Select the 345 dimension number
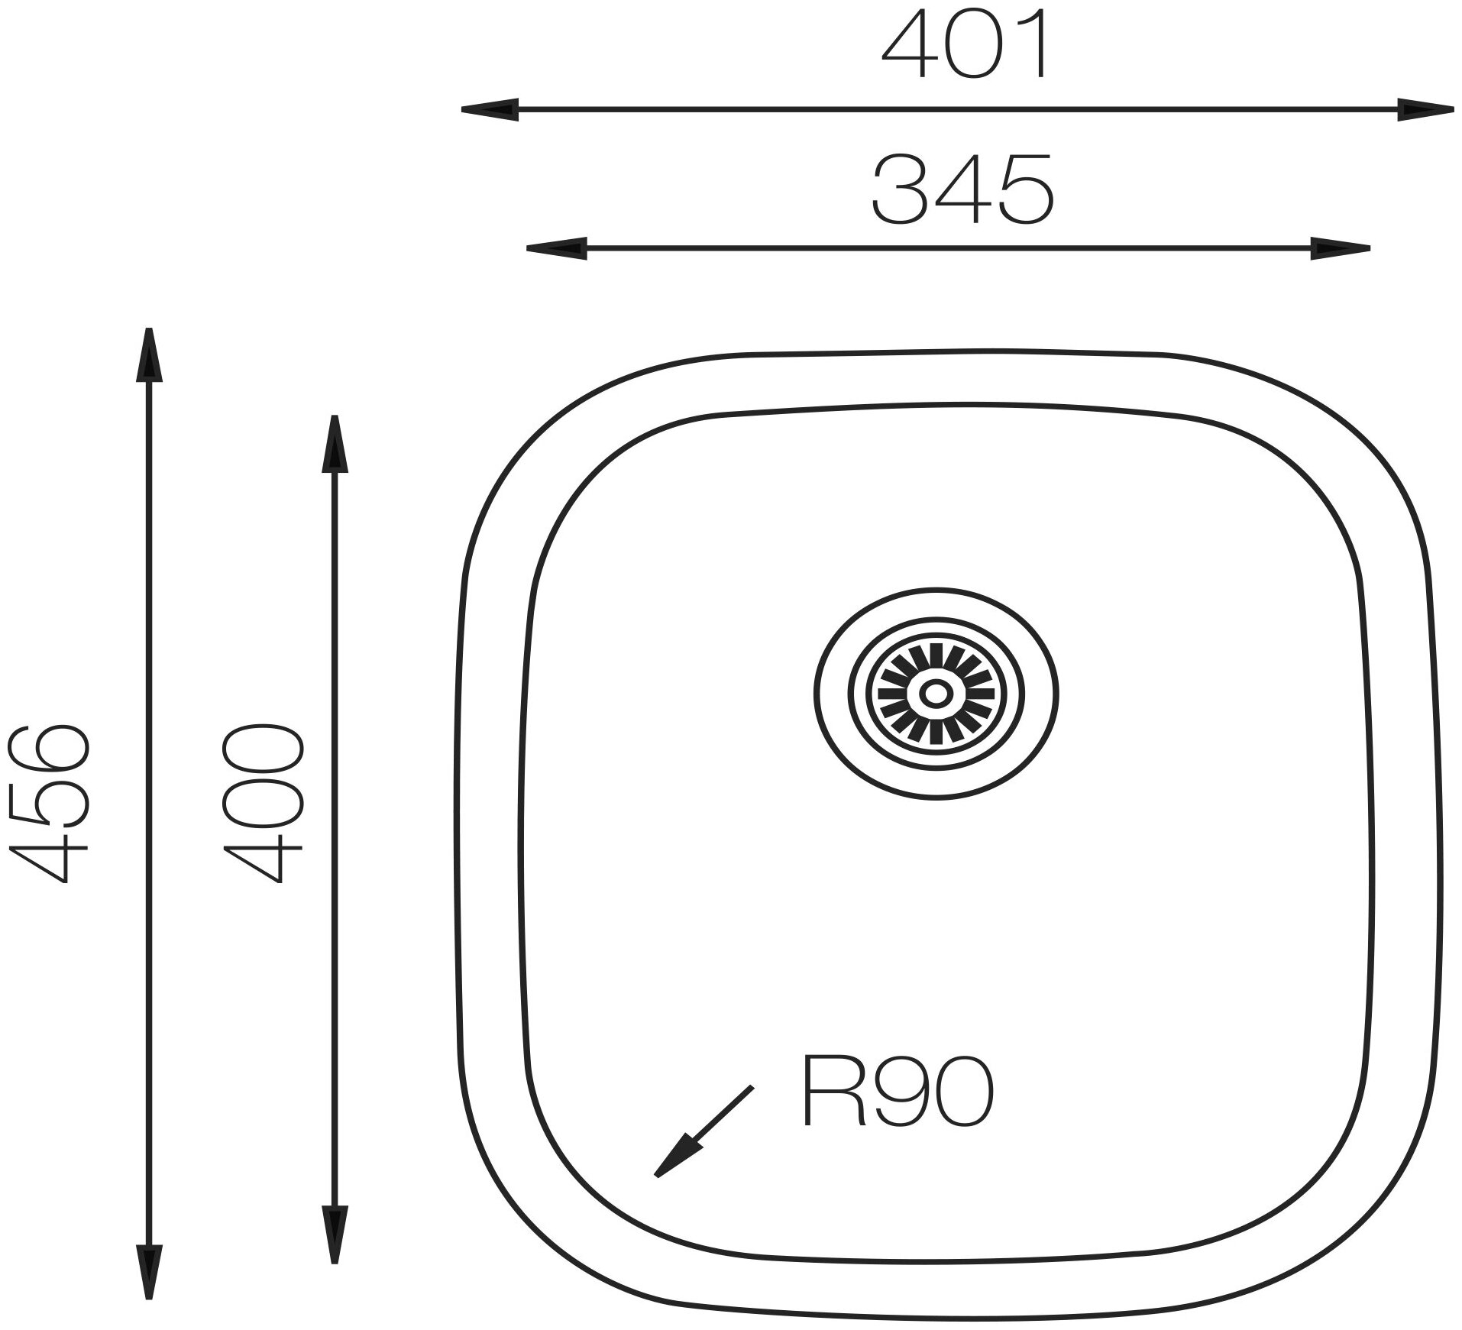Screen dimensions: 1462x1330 click(x=962, y=189)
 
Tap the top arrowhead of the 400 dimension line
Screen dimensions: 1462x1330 click(x=335, y=443)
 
